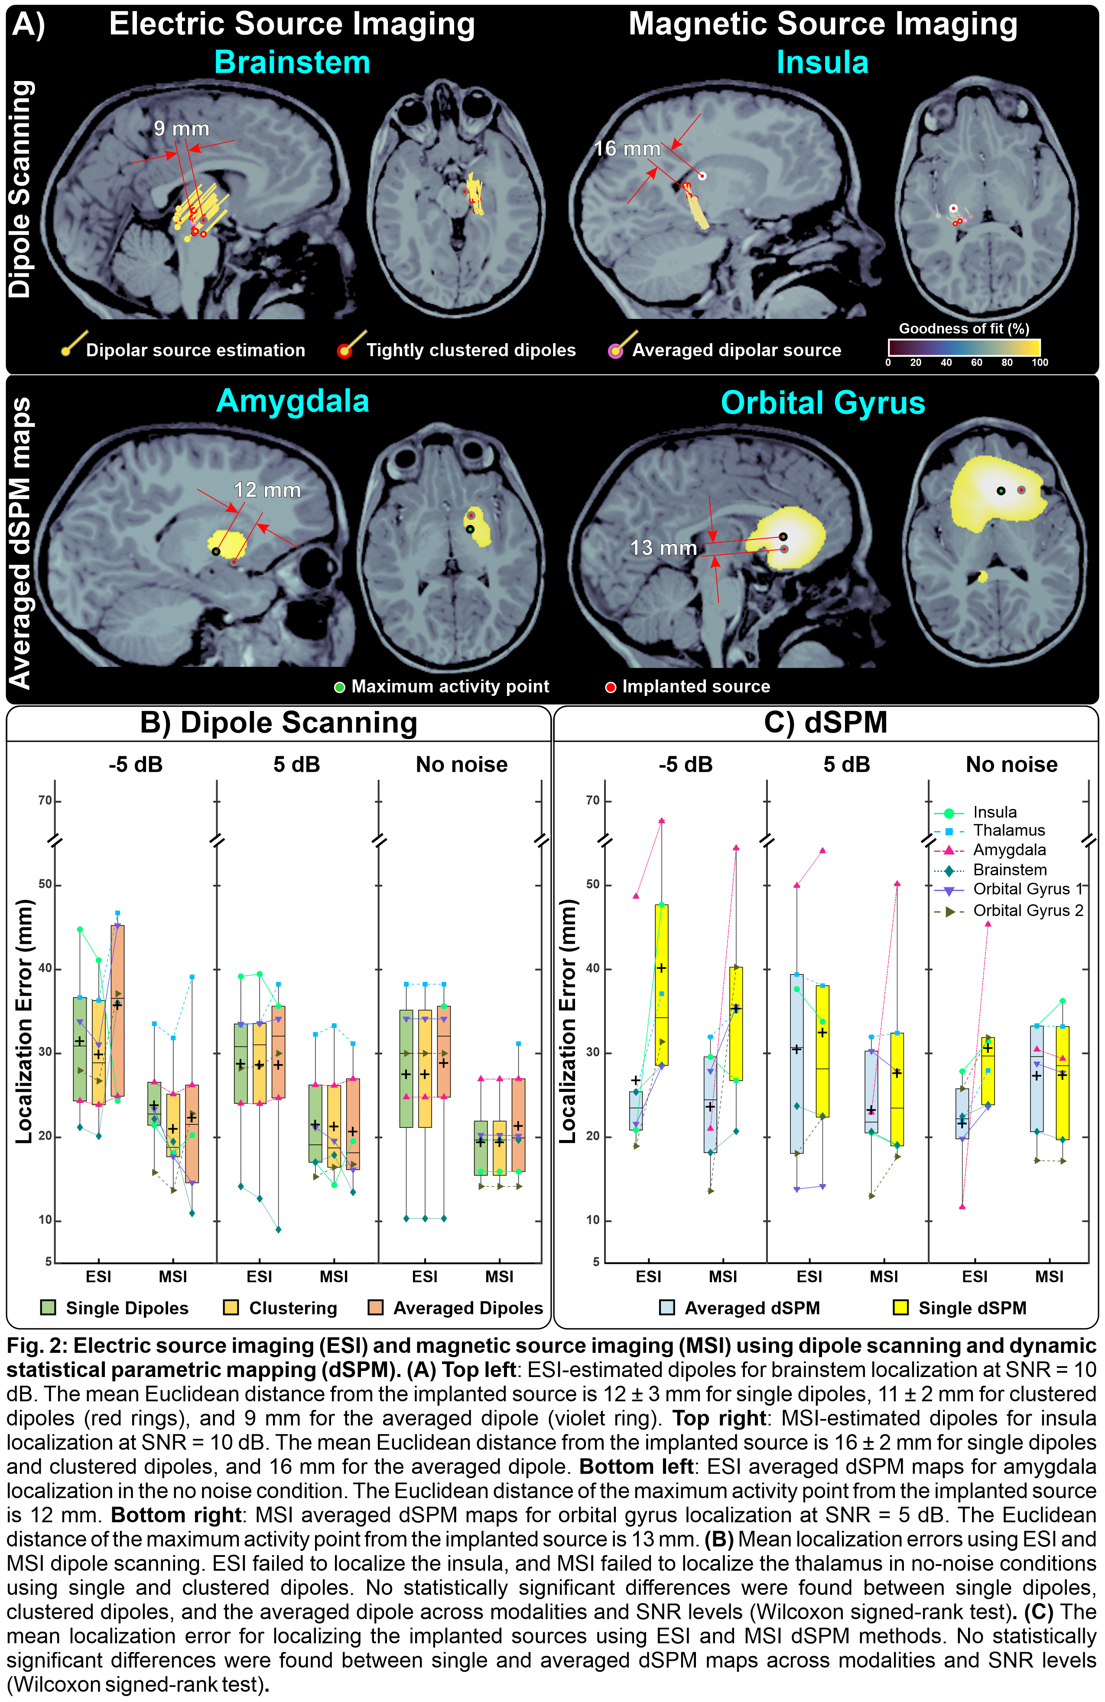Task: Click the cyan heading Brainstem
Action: tap(292, 62)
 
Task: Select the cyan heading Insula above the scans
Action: tap(822, 62)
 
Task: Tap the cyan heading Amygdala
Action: tap(292, 401)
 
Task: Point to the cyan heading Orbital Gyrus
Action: tap(822, 403)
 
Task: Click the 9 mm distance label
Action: tap(182, 129)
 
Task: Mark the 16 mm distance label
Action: tap(627, 149)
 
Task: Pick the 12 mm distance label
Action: tap(267, 490)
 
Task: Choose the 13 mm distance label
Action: tap(663, 548)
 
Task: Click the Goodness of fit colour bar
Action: tap(963, 348)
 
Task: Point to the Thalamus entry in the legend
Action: tap(1008, 830)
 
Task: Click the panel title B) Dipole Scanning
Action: tap(278, 722)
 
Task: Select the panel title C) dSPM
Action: tap(825, 722)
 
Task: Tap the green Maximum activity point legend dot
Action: tap(341, 687)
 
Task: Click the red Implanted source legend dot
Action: tap(611, 687)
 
